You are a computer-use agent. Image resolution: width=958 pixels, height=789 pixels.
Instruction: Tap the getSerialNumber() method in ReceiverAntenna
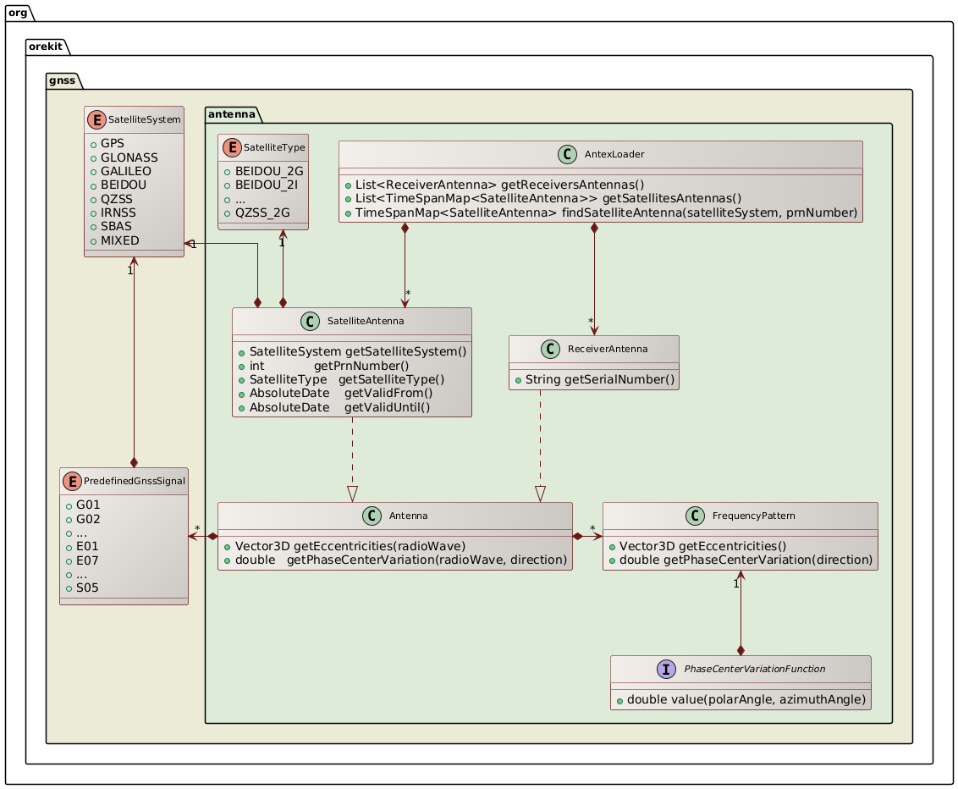600,378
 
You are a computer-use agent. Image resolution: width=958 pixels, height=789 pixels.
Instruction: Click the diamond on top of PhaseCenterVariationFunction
741,648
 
